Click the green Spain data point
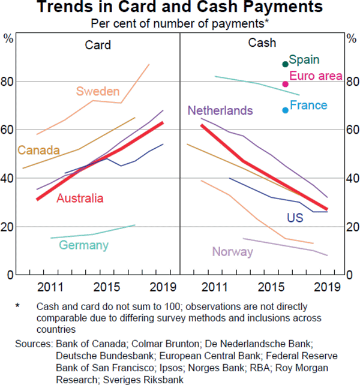click(x=285, y=64)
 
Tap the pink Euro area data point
click(x=286, y=84)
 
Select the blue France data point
click(x=285, y=110)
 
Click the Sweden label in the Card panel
click(x=98, y=92)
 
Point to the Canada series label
click(x=38, y=150)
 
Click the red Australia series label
click(x=80, y=198)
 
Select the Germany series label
click(x=83, y=245)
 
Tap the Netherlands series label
click(x=220, y=111)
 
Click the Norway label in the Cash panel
click(x=233, y=252)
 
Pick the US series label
click(x=295, y=218)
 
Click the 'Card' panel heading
click(x=97, y=44)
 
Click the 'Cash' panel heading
click(x=262, y=43)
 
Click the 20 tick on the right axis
click(x=352, y=227)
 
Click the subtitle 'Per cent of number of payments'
click(x=179, y=23)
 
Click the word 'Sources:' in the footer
click(x=34, y=344)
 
